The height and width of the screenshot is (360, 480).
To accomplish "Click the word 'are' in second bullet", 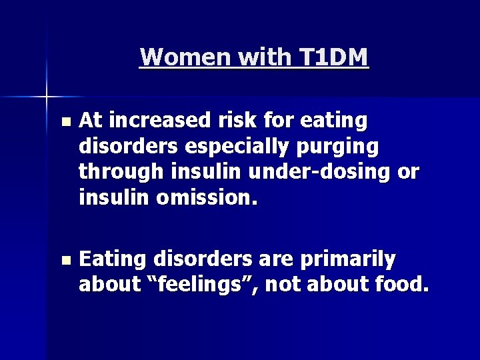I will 272,259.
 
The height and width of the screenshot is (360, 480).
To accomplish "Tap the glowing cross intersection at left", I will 47,97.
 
